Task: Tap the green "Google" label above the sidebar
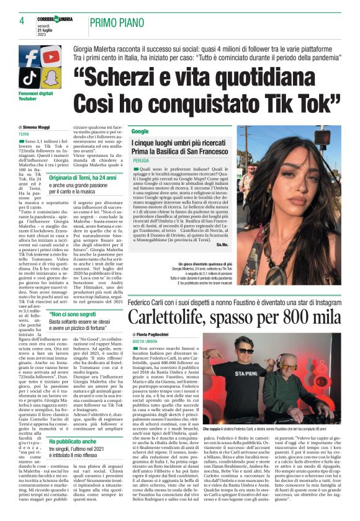(x=140, y=131)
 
